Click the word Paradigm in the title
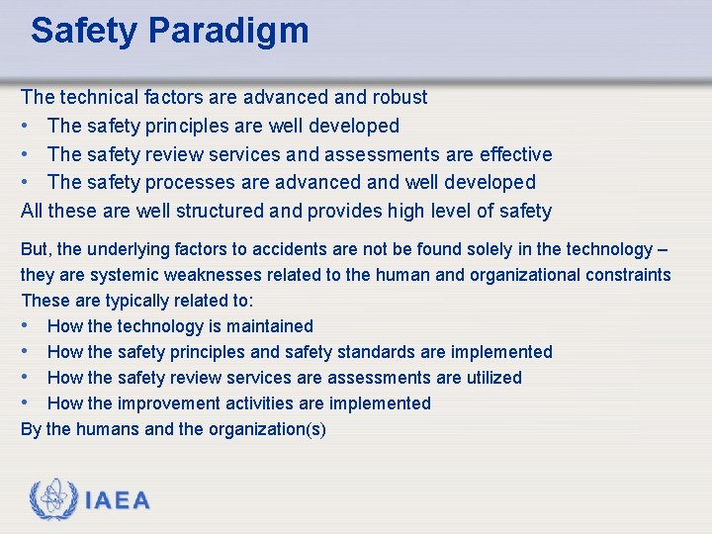(228, 31)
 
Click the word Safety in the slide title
(84, 31)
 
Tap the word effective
(515, 154)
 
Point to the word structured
(219, 211)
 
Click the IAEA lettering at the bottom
(118, 500)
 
